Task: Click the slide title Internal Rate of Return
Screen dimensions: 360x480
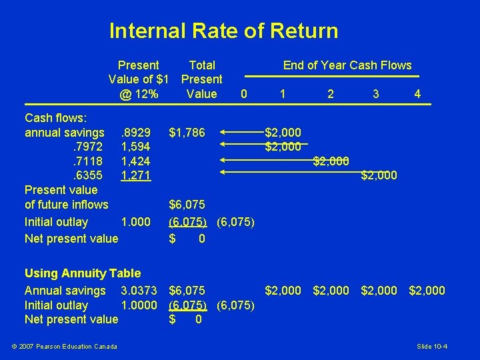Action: (223, 31)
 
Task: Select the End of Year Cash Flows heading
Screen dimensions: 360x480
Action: (347, 65)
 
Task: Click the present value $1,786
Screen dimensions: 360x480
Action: (187, 133)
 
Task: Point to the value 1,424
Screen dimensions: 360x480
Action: (136, 161)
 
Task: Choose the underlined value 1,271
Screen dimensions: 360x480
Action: (136, 176)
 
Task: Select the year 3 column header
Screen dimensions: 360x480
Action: (376, 94)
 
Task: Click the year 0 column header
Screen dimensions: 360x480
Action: (244, 94)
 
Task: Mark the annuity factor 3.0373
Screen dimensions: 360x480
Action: (139, 291)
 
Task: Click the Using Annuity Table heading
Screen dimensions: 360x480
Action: (83, 273)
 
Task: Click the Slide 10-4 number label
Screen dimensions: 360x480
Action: (432, 346)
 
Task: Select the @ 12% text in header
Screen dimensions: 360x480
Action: (139, 94)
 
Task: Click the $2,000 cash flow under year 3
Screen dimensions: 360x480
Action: (379, 176)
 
